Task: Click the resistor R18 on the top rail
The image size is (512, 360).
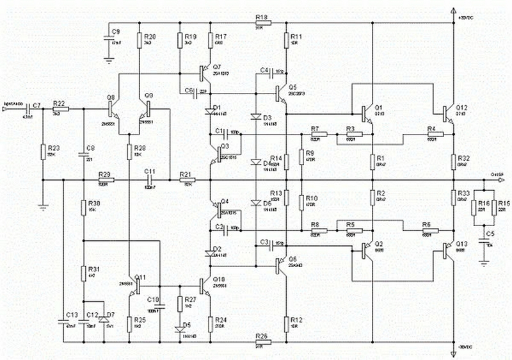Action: [x=261, y=23]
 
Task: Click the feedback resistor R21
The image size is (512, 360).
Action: [x=186, y=181]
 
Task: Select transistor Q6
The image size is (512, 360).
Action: [x=282, y=262]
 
